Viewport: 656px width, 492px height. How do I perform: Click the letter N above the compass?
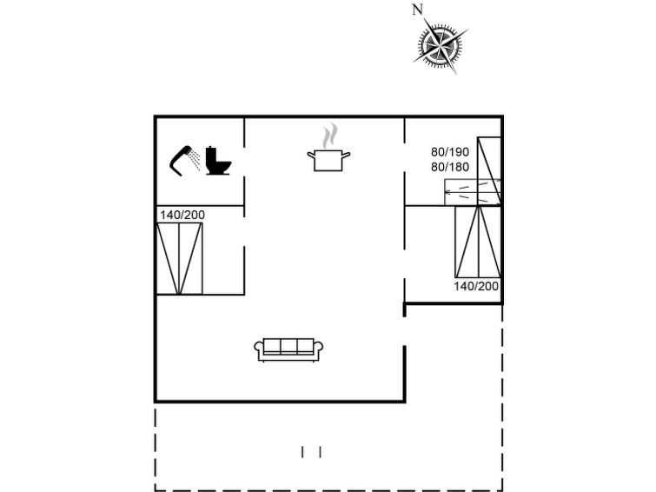[x=417, y=10]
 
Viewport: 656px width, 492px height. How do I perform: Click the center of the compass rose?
[x=441, y=44]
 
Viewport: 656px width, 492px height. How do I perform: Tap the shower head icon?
[x=184, y=160]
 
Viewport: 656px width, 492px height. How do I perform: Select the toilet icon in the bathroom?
[x=218, y=160]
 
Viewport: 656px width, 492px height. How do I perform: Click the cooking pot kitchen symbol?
[x=328, y=160]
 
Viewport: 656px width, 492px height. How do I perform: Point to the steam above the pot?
[x=329, y=136]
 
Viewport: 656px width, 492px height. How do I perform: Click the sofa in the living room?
[x=288, y=349]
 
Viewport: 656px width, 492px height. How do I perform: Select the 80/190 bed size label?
[x=450, y=151]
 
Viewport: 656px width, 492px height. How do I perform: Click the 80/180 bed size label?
[x=450, y=167]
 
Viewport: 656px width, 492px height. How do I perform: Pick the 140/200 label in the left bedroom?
[x=182, y=216]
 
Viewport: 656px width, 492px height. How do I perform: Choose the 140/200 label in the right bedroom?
[x=476, y=286]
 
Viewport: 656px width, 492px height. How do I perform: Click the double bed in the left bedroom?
[x=180, y=258]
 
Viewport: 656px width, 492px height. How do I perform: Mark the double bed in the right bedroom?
[x=478, y=242]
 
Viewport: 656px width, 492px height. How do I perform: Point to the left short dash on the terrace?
[x=302, y=452]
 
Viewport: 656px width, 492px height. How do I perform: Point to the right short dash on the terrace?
[x=320, y=452]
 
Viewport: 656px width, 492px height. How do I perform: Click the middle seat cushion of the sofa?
[x=288, y=346]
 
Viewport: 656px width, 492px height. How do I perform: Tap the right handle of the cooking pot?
[x=347, y=155]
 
